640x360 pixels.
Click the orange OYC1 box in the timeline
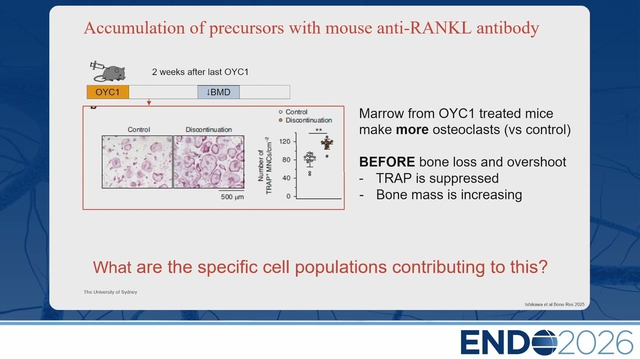[x=107, y=92]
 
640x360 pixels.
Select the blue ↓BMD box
[x=218, y=92]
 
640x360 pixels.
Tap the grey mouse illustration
[x=110, y=73]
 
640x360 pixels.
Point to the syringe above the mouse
[x=97, y=66]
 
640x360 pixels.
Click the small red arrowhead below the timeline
[x=149, y=102]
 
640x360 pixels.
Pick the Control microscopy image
[x=137, y=162]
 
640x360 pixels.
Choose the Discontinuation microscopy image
[x=209, y=162]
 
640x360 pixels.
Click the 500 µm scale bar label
[x=232, y=197]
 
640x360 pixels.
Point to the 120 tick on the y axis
[x=294, y=141]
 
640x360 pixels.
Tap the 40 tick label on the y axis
[x=286, y=178]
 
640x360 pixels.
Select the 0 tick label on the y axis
[x=288, y=196]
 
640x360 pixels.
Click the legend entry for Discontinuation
[x=305, y=120]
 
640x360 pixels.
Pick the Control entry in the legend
[x=293, y=112]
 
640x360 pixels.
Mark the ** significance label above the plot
[x=318, y=130]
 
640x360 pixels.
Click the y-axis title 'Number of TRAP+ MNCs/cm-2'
[x=265, y=165]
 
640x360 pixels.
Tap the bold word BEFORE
[x=387, y=162]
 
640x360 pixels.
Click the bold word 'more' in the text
[x=412, y=129]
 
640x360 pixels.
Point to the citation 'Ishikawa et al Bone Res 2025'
[x=554, y=304]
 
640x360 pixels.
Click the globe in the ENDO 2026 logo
[x=544, y=342]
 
